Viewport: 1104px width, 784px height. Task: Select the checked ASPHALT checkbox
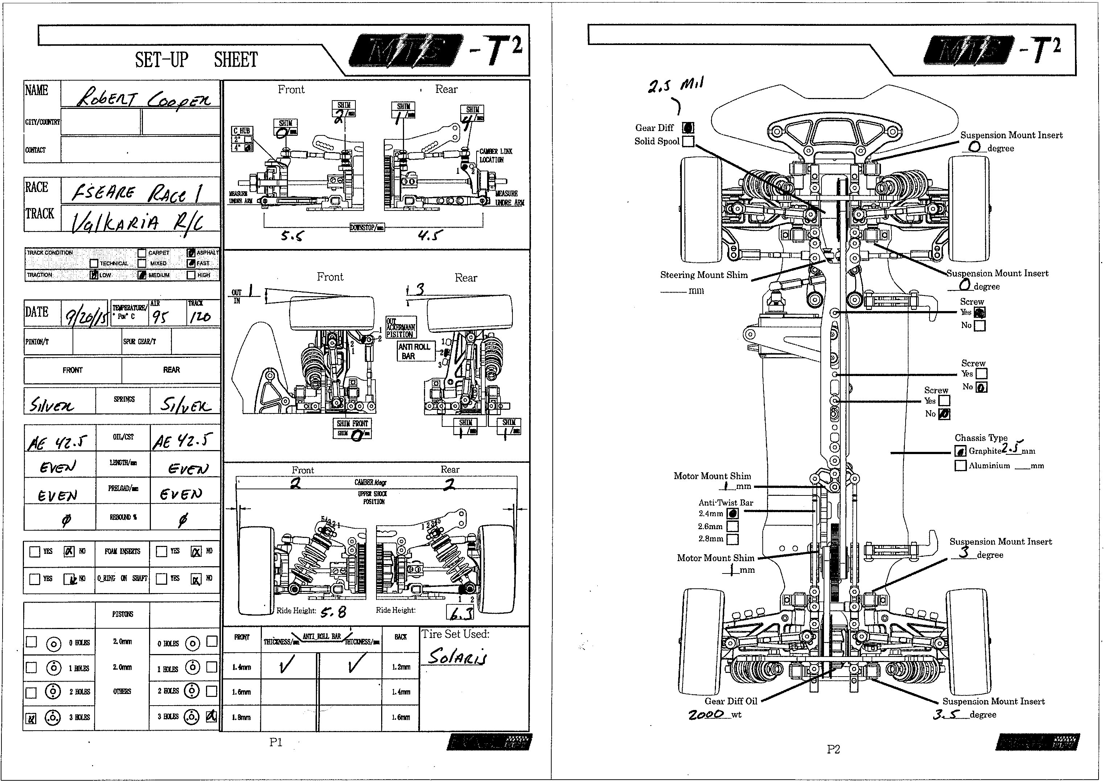(191, 253)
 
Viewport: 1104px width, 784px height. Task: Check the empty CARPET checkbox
(142, 253)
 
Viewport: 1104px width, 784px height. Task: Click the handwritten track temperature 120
(200, 317)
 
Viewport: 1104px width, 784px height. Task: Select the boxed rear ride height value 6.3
(460, 613)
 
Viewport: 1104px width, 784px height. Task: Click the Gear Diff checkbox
(688, 128)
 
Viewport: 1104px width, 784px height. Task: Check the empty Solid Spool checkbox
(688, 142)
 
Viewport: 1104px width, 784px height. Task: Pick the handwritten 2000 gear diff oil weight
(706, 714)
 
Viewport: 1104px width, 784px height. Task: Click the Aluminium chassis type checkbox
(960, 465)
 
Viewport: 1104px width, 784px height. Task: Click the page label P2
(833, 749)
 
